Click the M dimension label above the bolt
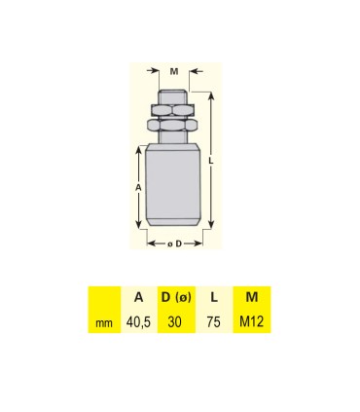[173, 70]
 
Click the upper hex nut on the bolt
[173, 110]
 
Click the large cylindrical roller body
[173, 185]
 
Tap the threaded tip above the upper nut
[173, 96]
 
